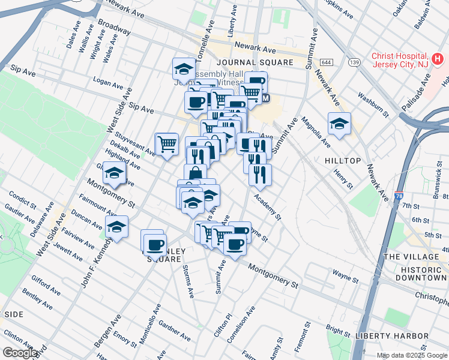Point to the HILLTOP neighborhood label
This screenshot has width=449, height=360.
pyautogui.click(x=343, y=161)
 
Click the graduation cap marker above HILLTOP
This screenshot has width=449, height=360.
pyautogui.click(x=339, y=124)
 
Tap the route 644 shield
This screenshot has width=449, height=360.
pyautogui.click(x=327, y=62)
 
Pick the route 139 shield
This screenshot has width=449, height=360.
pyautogui.click(x=355, y=62)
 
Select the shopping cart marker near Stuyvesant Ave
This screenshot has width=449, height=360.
pyautogui.click(x=167, y=144)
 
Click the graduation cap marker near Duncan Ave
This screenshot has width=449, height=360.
pyautogui.click(x=117, y=227)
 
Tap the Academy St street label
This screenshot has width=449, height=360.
pyautogui.click(x=267, y=207)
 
